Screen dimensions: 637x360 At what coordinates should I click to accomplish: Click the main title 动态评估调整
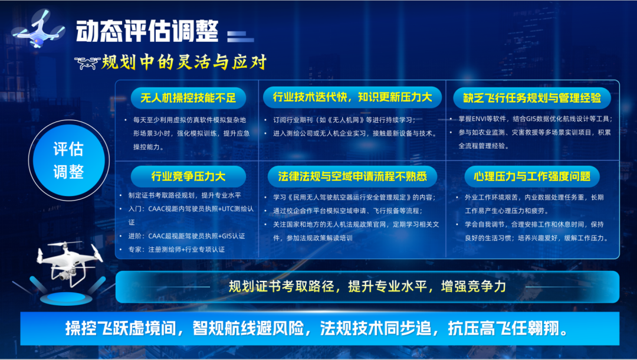point(147,31)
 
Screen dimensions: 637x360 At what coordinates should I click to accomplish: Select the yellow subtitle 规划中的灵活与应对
point(184,62)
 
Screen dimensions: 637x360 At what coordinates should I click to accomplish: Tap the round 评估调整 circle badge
point(68,161)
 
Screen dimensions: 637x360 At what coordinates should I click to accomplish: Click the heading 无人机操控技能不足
point(188,98)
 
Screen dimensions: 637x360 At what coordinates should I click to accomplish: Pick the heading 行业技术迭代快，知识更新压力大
point(352,97)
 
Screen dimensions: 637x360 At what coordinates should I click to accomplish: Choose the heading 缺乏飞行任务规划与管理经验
point(532,98)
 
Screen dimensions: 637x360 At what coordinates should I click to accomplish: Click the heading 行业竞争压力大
point(188,176)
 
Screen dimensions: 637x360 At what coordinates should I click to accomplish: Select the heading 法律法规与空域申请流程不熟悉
point(352,176)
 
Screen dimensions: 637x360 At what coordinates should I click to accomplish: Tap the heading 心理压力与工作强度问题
point(532,176)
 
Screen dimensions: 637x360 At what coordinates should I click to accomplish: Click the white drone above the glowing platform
point(69,262)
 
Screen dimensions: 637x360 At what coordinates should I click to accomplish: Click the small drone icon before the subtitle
point(87,63)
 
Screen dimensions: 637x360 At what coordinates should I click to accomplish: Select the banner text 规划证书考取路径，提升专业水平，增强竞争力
point(367,286)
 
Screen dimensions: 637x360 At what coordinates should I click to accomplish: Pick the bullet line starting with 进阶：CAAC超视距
point(186,236)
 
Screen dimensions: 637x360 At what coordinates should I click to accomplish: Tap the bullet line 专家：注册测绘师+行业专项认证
point(176,250)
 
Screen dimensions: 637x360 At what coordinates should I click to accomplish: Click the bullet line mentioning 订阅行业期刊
point(344,120)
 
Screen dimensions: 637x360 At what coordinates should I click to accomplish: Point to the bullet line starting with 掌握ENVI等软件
point(536,119)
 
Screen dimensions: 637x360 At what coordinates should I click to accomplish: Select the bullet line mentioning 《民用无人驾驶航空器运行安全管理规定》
point(354,198)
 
